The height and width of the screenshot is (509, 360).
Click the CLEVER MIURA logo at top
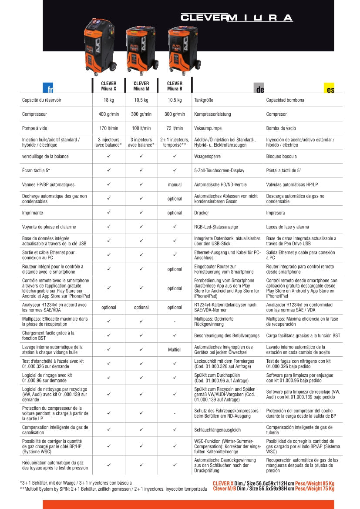236,18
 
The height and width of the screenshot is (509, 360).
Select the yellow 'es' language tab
330,89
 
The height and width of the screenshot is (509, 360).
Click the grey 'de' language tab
260,89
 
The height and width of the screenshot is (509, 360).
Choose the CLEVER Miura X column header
108,86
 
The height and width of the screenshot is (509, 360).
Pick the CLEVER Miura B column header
175,86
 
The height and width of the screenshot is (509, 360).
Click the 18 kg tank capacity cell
108,100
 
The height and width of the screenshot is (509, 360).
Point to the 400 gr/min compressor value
108,114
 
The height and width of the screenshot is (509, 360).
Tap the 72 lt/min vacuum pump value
175,128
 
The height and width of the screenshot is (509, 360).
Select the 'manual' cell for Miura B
175,185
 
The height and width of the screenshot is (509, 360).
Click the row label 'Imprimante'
33,213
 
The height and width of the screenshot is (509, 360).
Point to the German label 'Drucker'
202,213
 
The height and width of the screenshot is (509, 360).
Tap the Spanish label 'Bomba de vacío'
281,128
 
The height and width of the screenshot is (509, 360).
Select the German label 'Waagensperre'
209,156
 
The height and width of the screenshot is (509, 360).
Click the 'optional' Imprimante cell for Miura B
175,213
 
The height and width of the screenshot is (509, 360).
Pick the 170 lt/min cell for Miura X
108,128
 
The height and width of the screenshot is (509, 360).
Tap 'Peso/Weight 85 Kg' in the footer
315,483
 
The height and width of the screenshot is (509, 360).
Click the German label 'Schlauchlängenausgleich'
217,430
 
